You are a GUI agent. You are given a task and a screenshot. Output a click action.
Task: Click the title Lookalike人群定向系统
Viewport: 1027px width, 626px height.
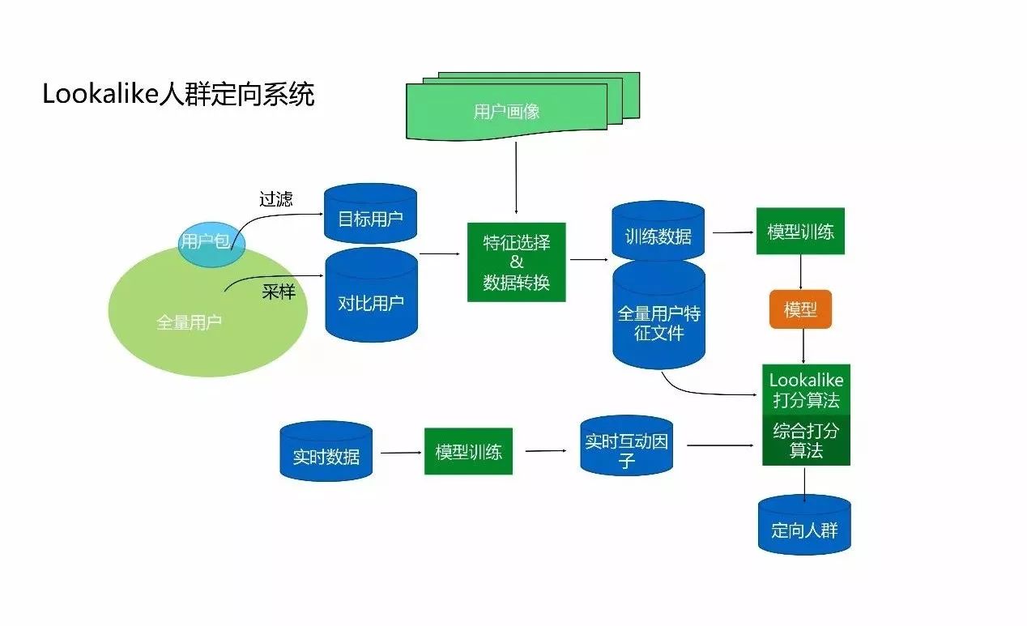[178, 95]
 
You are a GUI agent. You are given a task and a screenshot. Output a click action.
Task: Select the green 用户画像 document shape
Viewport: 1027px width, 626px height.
[507, 112]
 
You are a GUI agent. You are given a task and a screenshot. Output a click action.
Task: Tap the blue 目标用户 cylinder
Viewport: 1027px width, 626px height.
[370, 216]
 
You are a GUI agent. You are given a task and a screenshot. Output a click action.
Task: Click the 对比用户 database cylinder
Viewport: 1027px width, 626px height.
[370, 301]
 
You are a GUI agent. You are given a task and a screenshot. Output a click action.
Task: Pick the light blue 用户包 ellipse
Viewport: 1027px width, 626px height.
[206, 241]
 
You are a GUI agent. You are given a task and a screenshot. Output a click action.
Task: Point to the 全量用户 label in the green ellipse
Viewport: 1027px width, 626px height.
[189, 322]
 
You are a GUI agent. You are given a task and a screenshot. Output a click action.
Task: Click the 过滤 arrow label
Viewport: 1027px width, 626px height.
[275, 198]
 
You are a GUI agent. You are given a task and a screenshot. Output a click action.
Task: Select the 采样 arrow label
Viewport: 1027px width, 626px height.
[279, 292]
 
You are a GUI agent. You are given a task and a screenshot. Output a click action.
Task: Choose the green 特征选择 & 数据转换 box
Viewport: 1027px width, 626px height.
[516, 262]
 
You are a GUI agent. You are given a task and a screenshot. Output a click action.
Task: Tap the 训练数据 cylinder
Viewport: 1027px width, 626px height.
[658, 235]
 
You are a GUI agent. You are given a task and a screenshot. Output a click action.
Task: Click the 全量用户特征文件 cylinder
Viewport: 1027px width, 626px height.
[658, 322]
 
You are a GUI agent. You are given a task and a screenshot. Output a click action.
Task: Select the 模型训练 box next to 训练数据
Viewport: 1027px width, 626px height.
[800, 232]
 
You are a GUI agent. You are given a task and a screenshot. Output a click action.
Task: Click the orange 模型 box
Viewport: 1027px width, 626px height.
[800, 309]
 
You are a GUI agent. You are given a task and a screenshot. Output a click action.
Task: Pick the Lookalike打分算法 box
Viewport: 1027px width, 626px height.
[806, 390]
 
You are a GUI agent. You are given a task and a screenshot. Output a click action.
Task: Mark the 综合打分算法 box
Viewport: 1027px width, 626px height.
[806, 441]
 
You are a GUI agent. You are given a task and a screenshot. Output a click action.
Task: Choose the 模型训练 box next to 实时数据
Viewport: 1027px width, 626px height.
[468, 451]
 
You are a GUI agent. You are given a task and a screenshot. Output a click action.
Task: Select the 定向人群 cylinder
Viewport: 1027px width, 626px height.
[804, 530]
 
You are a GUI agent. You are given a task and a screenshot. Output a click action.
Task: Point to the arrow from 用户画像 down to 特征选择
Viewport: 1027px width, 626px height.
[516, 182]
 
